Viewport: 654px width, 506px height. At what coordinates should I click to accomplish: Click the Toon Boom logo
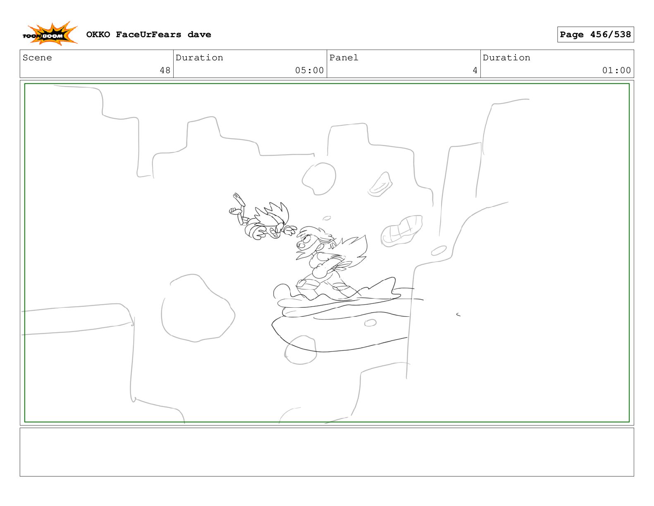pos(50,34)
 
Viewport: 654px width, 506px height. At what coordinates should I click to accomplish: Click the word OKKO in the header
pos(98,35)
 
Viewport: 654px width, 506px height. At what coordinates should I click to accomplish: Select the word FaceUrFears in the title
pos(149,35)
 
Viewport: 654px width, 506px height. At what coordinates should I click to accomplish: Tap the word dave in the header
pos(199,35)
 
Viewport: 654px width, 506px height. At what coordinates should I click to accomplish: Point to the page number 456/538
pos(610,35)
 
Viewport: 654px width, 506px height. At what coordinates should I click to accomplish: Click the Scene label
pos(37,58)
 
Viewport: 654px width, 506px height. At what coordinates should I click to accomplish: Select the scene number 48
pos(165,70)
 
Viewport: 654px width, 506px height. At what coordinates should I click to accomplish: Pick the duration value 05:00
pos(309,70)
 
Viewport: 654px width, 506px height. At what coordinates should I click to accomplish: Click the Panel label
pos(344,58)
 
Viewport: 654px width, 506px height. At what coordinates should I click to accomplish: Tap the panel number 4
pos(475,70)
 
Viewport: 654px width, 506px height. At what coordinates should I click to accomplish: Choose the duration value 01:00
pos(616,70)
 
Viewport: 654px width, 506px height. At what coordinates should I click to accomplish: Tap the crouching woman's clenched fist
pos(319,271)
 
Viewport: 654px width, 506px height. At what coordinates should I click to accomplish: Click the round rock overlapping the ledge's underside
pos(301,350)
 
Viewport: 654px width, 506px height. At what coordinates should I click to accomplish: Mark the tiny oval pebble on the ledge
pos(370,323)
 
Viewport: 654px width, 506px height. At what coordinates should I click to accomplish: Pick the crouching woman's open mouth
pos(301,245)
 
